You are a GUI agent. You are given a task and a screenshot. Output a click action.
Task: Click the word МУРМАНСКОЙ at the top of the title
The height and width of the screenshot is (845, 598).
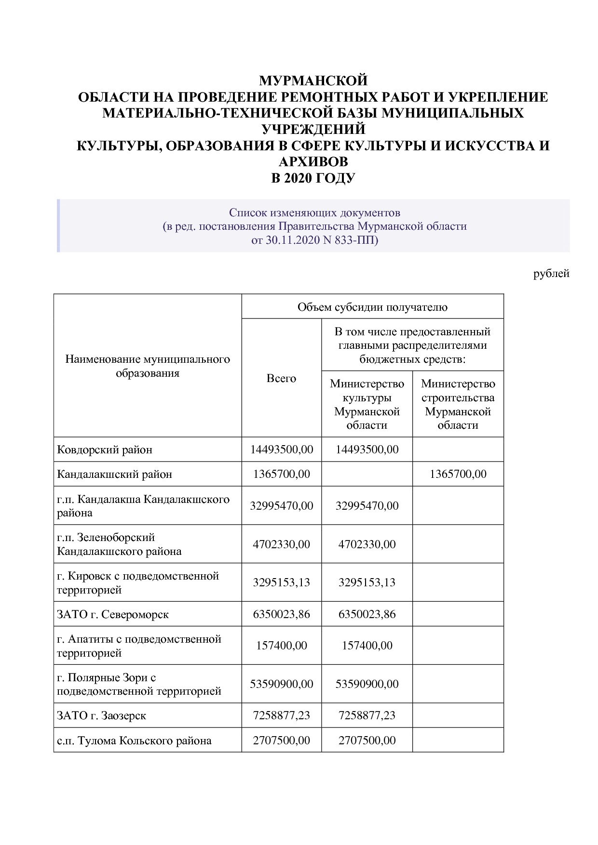(x=313, y=80)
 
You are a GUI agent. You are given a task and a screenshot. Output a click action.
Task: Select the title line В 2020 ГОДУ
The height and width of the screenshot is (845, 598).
(x=313, y=178)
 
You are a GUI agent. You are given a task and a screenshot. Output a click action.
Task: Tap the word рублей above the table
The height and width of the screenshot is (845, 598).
(x=551, y=274)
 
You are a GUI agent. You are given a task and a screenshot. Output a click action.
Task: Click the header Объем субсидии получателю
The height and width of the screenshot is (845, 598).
(x=372, y=307)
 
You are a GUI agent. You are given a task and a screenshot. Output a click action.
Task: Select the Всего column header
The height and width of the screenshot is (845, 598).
(x=281, y=378)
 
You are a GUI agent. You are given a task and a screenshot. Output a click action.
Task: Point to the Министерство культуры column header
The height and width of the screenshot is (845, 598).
(x=367, y=404)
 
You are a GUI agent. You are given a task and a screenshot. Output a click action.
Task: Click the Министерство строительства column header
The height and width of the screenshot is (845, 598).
(x=458, y=404)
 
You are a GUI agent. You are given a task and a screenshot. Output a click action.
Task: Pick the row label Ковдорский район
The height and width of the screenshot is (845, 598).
(x=105, y=449)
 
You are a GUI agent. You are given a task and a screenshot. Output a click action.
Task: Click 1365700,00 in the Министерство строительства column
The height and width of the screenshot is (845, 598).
(x=458, y=474)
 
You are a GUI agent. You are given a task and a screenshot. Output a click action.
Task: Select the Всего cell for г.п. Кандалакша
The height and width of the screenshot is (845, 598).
(x=281, y=505)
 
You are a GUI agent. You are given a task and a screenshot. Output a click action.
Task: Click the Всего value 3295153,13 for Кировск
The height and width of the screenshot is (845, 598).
(x=281, y=582)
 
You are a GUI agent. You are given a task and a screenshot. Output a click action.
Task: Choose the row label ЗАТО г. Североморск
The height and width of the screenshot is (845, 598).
(x=113, y=614)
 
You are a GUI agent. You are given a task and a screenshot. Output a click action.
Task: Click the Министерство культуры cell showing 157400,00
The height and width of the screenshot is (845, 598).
(x=367, y=646)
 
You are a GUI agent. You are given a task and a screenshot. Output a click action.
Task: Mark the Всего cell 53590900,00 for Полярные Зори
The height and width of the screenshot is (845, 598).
(x=281, y=684)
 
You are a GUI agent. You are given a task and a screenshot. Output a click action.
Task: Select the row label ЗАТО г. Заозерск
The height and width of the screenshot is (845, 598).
(x=101, y=715)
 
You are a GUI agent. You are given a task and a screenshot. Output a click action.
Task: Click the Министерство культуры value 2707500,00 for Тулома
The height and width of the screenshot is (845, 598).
(x=367, y=740)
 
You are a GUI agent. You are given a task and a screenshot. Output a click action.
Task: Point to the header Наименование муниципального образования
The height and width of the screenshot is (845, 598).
(x=148, y=366)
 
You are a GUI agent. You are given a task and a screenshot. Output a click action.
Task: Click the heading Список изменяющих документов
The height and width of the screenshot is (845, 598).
(x=314, y=212)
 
